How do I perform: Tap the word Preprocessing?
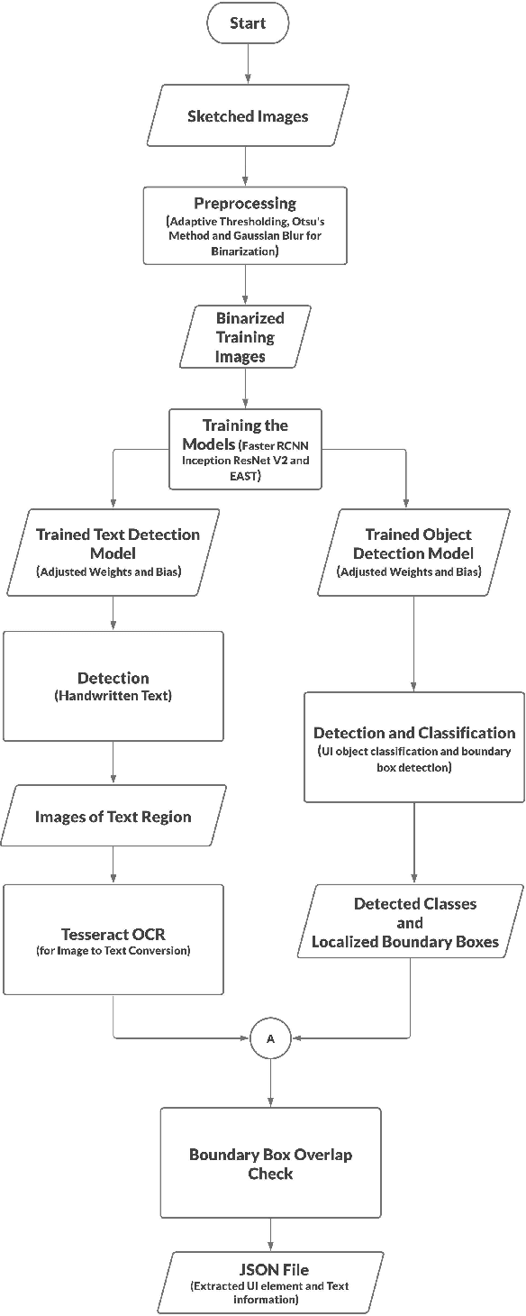tap(246, 204)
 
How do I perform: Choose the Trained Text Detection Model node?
tap(116, 551)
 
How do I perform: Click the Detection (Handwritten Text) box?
tap(113, 686)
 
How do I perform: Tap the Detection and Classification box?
tap(413, 746)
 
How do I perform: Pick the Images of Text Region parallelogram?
tap(113, 817)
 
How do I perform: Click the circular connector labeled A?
tap(270, 1039)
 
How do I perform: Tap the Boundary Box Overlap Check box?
tap(270, 1163)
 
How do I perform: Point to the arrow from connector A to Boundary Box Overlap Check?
tap(270, 1080)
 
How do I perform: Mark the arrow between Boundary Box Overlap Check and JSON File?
tap(270, 1232)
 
